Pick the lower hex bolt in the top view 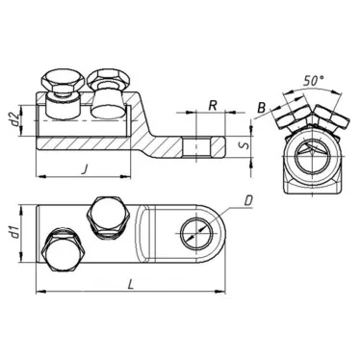click(x=63, y=248)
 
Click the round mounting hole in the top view click(x=195, y=232)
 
